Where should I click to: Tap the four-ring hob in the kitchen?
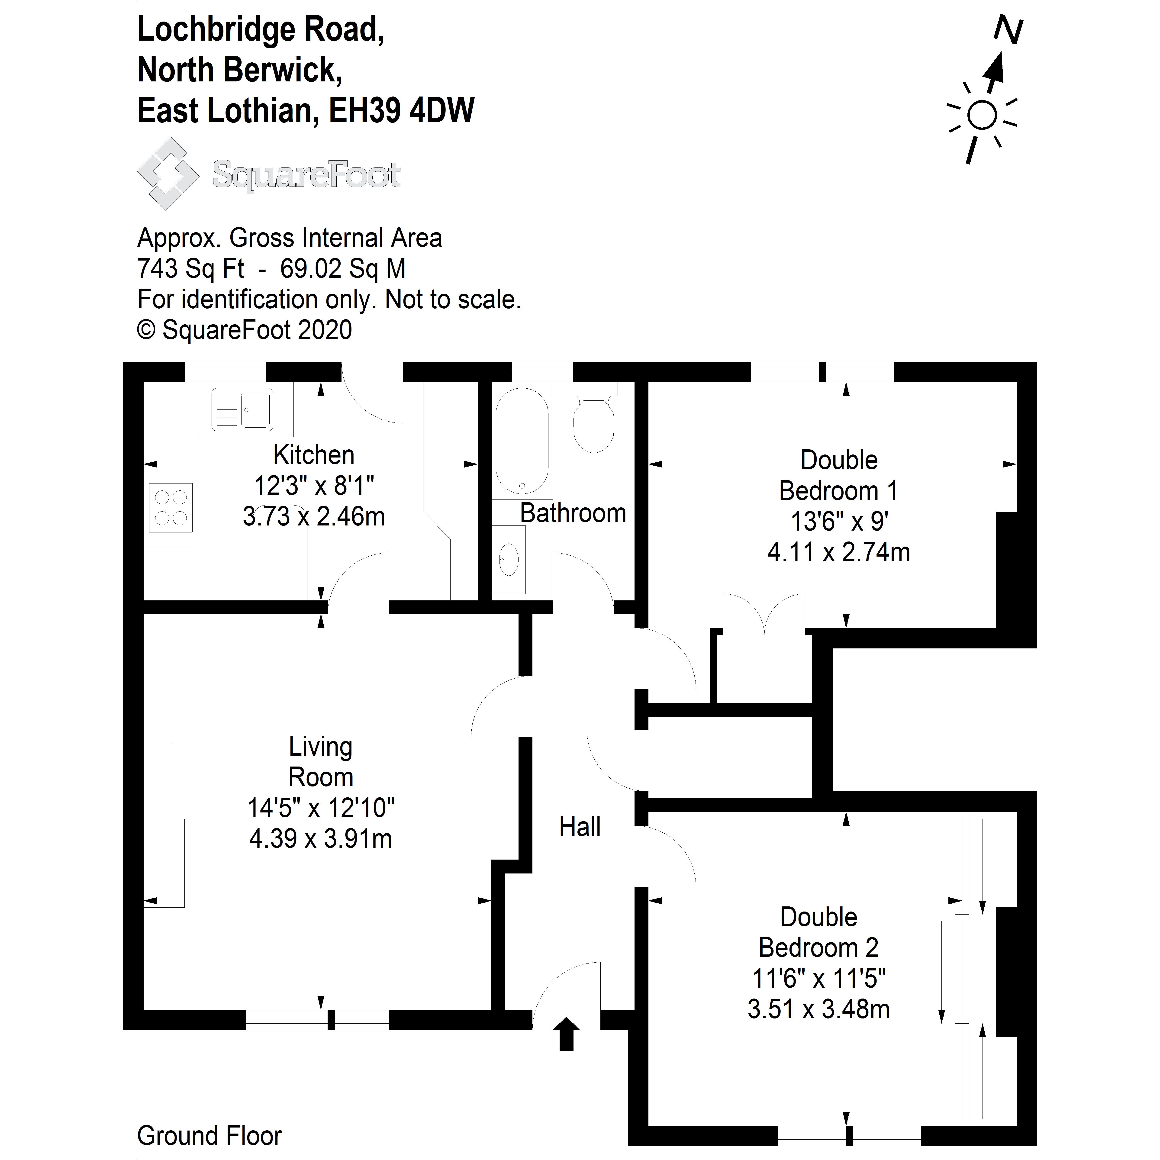pos(171,507)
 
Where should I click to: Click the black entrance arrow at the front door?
pos(566,1034)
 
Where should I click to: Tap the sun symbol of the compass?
pos(982,115)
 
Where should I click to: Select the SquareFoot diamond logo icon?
pos(168,174)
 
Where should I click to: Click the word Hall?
pos(579,827)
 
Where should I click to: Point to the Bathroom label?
pos(573,513)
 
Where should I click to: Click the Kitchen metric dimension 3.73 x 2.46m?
pos(313,516)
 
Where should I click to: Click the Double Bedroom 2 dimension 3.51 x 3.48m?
pos(818,1009)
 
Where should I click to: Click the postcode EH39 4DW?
pos(402,111)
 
